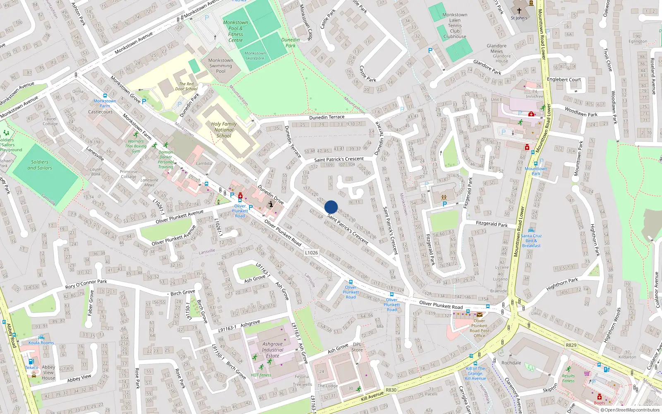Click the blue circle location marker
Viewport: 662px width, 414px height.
click(331, 207)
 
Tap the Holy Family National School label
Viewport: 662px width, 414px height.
click(224, 130)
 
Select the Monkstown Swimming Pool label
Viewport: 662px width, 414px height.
click(221, 66)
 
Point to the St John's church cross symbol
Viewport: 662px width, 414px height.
click(519, 11)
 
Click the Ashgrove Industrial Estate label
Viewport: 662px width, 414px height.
click(273, 350)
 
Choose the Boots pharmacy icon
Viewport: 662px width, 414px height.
click(599, 397)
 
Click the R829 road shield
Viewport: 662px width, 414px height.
click(571, 345)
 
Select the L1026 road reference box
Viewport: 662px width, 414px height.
click(311, 253)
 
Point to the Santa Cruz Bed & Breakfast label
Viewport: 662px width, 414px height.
click(531, 241)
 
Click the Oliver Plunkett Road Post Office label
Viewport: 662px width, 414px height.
click(479, 328)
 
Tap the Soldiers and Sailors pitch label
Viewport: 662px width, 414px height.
click(40, 165)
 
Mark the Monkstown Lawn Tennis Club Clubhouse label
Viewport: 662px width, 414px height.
click(455, 26)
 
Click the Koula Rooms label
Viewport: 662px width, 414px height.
click(41, 343)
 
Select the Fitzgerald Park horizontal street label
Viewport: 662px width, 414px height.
click(492, 224)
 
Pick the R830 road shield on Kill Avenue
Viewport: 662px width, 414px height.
click(391, 390)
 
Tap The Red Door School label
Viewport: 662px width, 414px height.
click(186, 86)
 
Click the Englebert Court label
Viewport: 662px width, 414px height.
click(564, 79)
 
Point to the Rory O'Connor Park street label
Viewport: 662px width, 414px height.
click(86, 284)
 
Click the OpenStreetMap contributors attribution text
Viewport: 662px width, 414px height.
click(630, 410)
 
